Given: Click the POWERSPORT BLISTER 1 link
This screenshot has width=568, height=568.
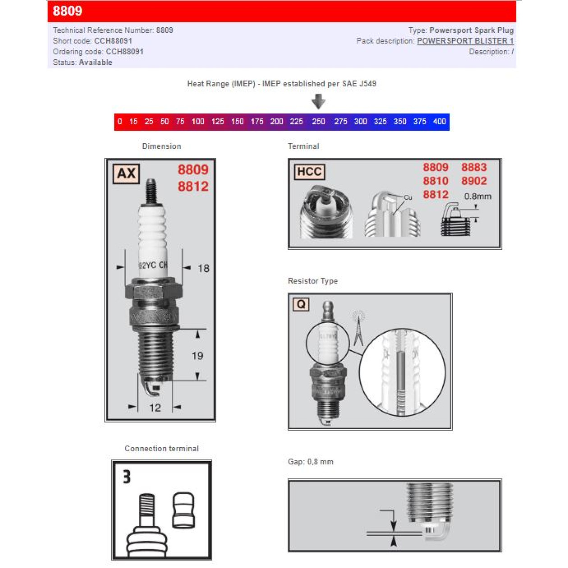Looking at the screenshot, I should coord(465,41).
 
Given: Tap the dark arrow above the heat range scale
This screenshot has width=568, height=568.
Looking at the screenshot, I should coord(318,101).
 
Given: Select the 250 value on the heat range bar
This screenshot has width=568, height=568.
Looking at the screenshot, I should coord(318,121).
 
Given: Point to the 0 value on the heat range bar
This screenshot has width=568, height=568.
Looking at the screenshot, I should coord(119,121).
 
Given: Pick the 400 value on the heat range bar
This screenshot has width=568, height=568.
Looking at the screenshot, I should coord(439,121).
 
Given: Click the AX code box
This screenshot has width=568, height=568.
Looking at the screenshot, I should coord(126,174).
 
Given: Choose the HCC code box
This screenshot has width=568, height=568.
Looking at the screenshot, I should coord(309,172).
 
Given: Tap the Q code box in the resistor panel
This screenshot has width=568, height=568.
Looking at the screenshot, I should coord(301,304).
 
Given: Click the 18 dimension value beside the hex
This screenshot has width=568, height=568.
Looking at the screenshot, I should coord(203,269).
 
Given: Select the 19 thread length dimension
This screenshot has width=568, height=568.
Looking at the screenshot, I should coord(197,356).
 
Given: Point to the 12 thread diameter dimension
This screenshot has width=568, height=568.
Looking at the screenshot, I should coord(155,408).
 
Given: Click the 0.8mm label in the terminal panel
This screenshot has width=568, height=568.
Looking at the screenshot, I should coord(477,197).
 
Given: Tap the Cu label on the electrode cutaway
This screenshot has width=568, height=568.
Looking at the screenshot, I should coord(408,197).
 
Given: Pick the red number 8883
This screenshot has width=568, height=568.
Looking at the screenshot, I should coord(474,167).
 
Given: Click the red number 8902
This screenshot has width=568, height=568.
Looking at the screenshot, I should coord(474,181).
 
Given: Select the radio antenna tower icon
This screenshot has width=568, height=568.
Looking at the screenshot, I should coord(358,328).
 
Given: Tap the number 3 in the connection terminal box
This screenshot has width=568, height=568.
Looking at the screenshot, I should coord(127,477).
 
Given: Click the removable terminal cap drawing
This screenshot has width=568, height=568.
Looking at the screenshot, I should coord(183,510).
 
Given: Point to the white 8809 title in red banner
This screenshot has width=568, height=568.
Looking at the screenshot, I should coord(68,11).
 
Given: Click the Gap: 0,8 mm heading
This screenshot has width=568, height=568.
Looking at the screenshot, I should coord(311,462).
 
